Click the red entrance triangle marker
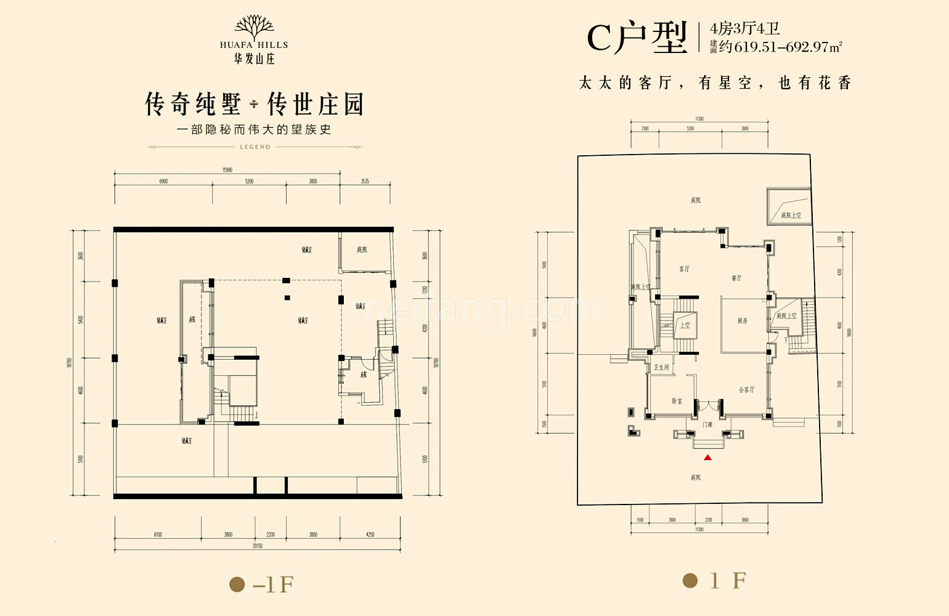(708, 457)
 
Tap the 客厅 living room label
(684, 269)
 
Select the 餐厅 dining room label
(736, 278)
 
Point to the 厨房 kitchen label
(742, 321)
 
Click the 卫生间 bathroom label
(661, 368)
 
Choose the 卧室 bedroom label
(677, 401)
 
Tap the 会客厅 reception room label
(746, 390)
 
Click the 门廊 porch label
(707, 424)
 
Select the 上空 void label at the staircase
(685, 325)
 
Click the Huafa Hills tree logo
(255, 28)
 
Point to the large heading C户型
(637, 38)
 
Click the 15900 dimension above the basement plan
(227, 169)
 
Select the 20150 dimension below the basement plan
(257, 546)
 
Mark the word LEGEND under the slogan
(255, 147)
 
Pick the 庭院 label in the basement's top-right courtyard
(362, 249)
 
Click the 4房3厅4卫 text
(745, 28)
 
